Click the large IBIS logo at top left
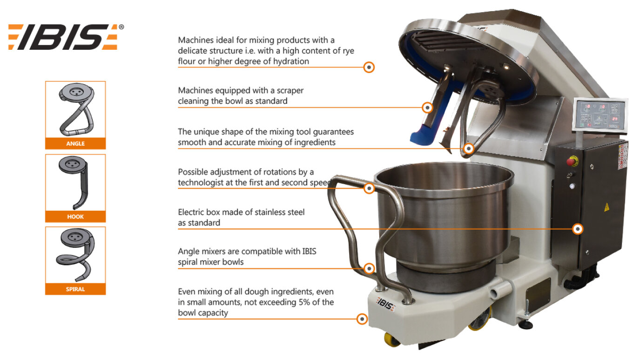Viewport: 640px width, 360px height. [66, 37]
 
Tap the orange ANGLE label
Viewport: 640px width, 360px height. [75, 143]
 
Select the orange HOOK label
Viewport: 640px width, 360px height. [75, 216]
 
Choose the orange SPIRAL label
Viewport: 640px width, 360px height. [75, 289]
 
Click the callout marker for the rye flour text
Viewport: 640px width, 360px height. [369, 67]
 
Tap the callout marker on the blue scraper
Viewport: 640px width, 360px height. [427, 107]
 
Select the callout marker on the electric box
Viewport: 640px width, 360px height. [578, 229]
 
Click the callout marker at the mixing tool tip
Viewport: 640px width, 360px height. [469, 148]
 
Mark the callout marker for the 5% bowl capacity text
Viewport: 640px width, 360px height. [362, 319]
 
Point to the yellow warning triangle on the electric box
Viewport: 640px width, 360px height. [606, 207]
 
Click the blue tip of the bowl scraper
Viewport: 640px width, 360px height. [421, 138]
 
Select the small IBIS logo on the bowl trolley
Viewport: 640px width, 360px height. [386, 304]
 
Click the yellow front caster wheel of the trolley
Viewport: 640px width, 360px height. [392, 340]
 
